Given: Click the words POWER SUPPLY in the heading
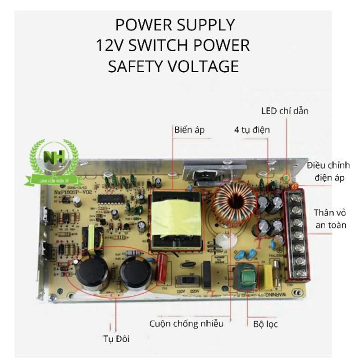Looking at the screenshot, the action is pyautogui.click(x=174, y=25).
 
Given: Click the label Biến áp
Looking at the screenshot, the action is pyautogui.click(x=190, y=130).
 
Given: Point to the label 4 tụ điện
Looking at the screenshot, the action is pyautogui.click(x=252, y=130).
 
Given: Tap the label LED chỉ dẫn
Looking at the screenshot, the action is pyautogui.click(x=285, y=111).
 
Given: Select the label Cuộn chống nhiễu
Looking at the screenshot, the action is pyautogui.click(x=187, y=323).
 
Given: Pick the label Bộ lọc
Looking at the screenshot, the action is pyautogui.click(x=264, y=324).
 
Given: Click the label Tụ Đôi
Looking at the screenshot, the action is pyautogui.click(x=116, y=339).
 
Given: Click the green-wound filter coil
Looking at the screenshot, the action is pyautogui.click(x=246, y=276).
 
